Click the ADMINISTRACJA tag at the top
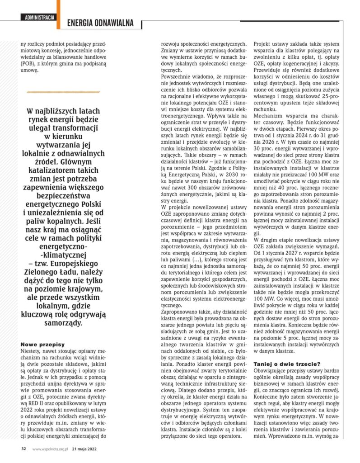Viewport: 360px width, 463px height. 41,18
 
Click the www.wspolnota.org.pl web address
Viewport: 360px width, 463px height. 50,449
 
